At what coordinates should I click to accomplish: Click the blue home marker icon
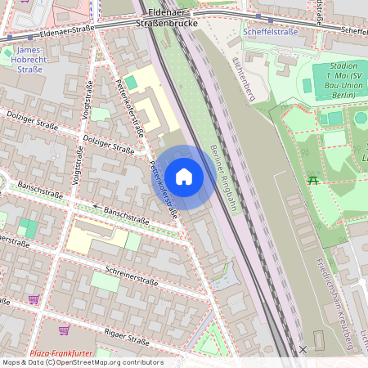pyautogui.click(x=184, y=177)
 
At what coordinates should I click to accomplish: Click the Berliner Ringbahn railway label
pyautogui.click(x=222, y=175)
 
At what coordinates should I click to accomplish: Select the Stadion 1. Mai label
pyautogui.click(x=334, y=74)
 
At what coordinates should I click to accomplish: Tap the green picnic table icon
pyautogui.click(x=312, y=179)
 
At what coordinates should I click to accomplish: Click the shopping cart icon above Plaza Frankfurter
pyautogui.click(x=64, y=331)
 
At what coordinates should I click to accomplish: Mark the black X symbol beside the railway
pyautogui.click(x=303, y=349)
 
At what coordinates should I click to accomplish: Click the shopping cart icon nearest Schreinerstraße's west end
pyautogui.click(x=34, y=300)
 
